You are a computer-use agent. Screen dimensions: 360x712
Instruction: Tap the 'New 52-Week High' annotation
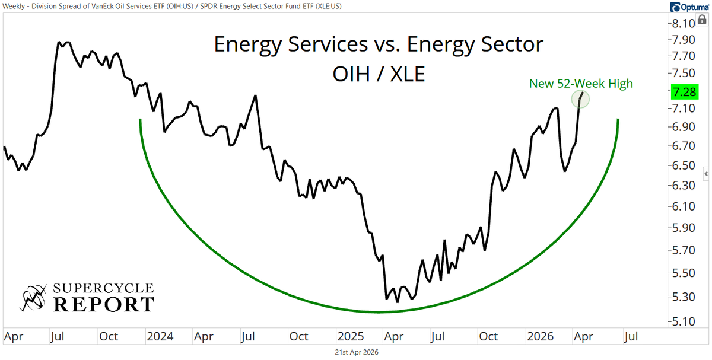click(581, 84)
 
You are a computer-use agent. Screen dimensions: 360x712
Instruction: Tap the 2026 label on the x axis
click(540, 337)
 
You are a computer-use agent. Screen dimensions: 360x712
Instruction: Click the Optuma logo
click(687, 7)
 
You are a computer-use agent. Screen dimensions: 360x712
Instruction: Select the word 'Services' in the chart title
click(326, 44)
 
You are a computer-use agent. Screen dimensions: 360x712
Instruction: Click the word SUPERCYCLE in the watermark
click(104, 289)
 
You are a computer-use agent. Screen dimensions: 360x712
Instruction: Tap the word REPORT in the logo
click(104, 304)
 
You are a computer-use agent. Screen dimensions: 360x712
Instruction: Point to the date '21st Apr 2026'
click(355, 352)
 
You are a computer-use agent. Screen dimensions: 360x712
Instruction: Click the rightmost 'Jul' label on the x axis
click(630, 337)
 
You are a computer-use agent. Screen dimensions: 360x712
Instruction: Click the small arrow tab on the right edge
click(706, 174)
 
